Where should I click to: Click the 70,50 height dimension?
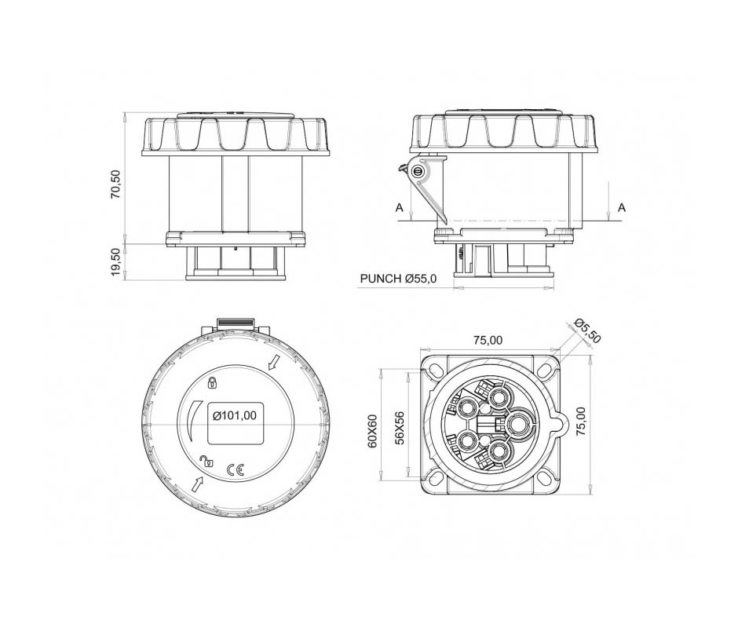coord(115,184)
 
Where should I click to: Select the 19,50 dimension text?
coord(115,263)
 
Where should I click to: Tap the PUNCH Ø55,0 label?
coord(398,279)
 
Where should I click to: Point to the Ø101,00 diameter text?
coord(235,416)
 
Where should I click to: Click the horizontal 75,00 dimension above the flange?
coord(488,340)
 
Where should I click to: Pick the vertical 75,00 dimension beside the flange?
coord(581,421)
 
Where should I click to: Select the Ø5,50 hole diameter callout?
coord(588,330)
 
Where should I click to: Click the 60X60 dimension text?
coord(373,431)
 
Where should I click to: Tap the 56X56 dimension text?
coord(400,428)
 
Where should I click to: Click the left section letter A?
coord(399,207)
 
